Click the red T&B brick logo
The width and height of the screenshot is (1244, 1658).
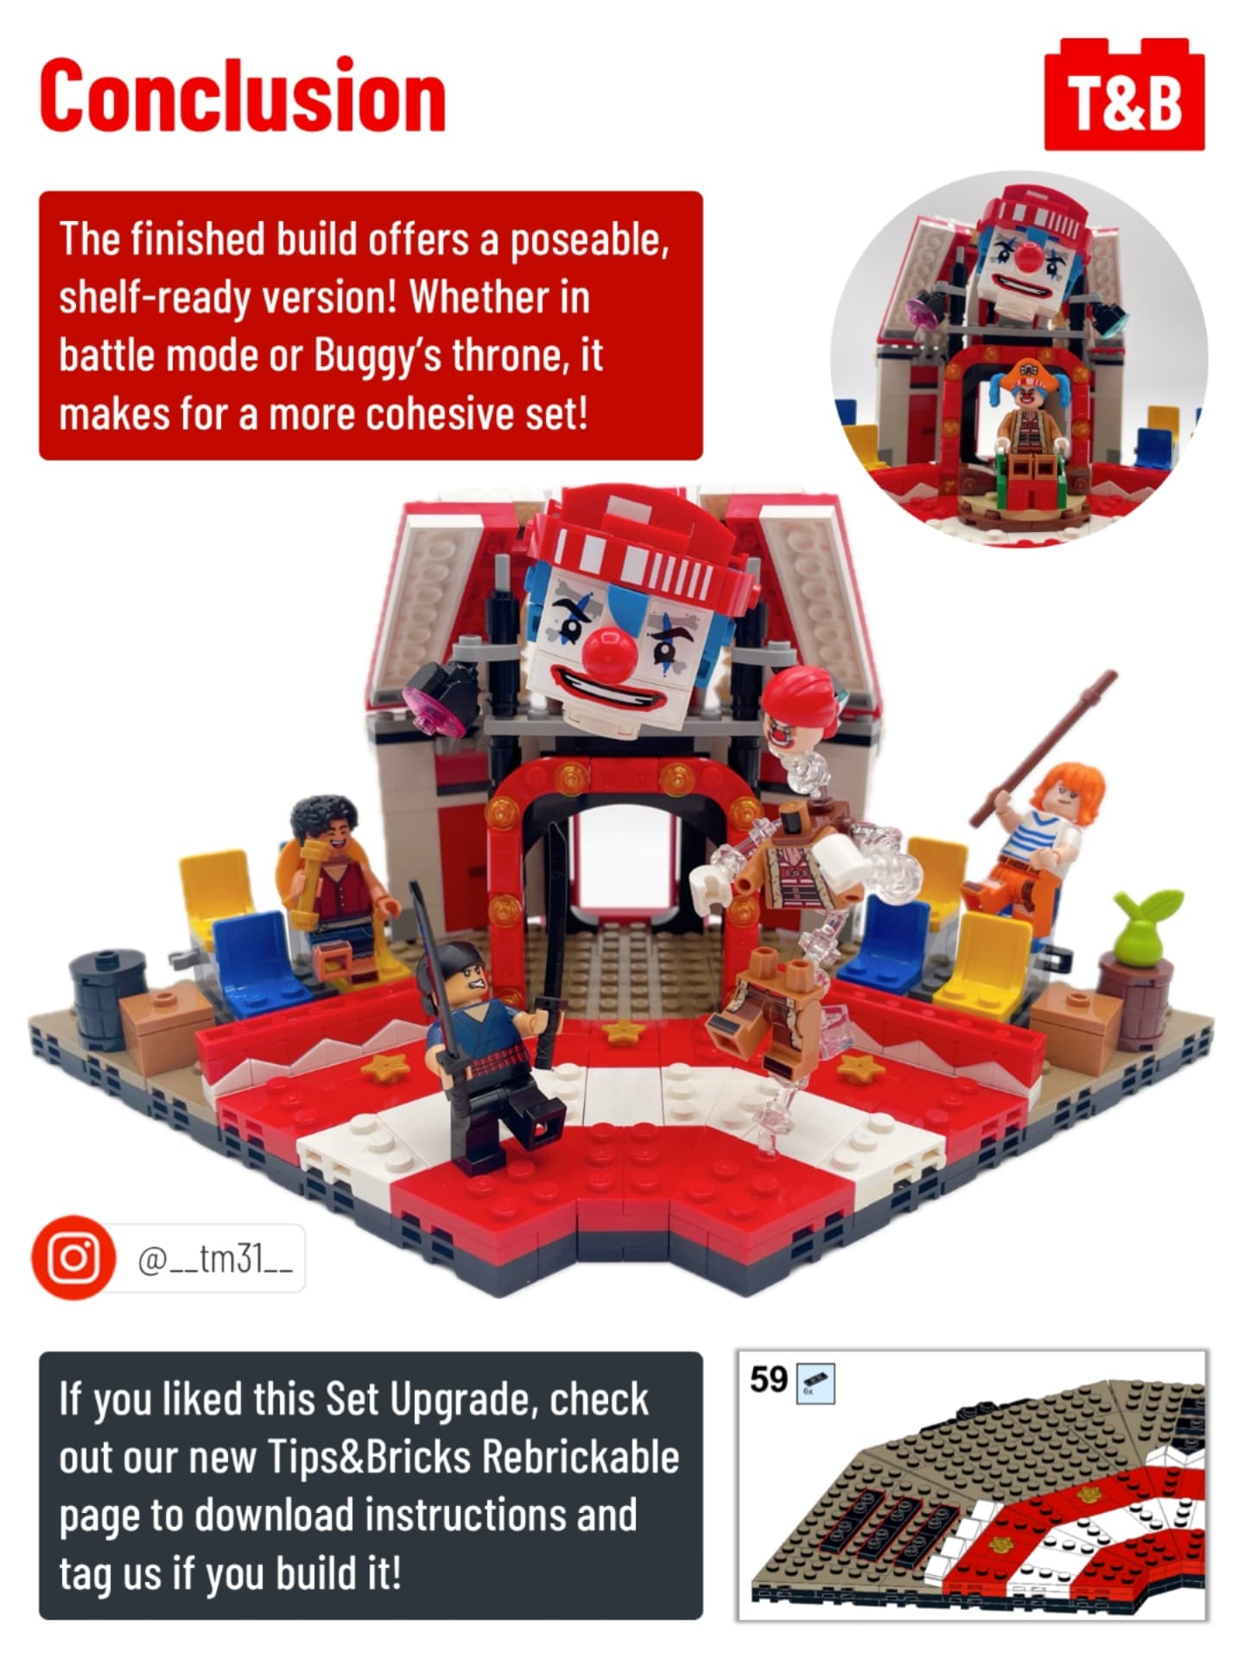tap(1124, 95)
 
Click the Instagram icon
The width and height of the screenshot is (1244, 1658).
tap(73, 1257)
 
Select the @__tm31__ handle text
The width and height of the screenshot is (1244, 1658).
tap(215, 1259)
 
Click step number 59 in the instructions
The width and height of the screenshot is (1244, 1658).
tap(768, 1379)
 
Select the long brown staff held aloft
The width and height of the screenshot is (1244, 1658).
tap(1044, 748)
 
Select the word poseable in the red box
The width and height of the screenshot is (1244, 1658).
tap(589, 240)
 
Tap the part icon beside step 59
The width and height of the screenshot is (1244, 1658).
tap(815, 1383)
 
